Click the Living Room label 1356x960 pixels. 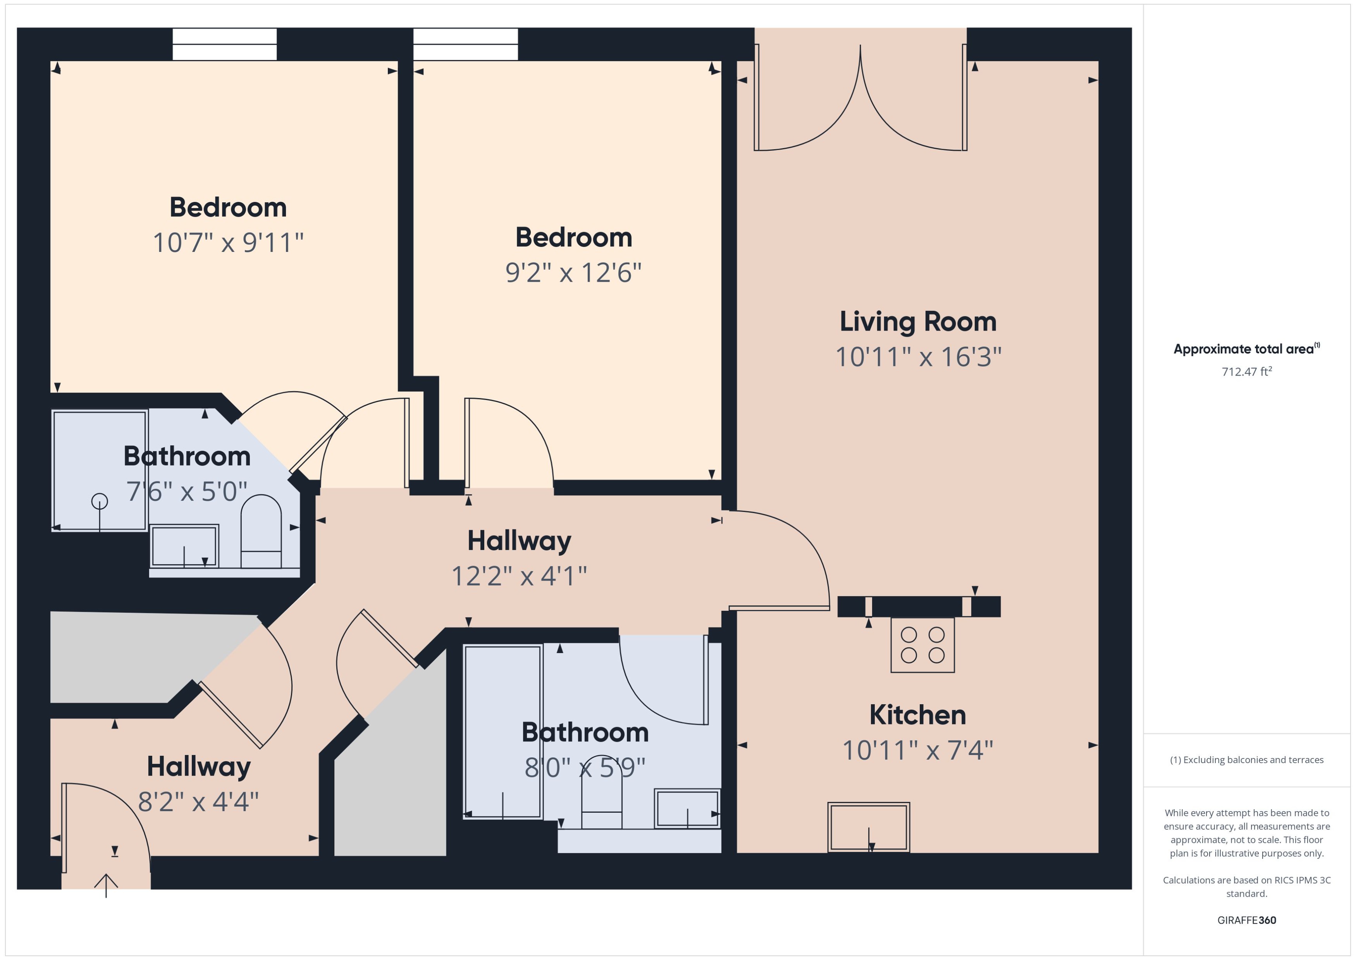[917, 322]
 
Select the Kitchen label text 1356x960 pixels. [917, 715]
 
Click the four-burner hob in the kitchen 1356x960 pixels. [922, 645]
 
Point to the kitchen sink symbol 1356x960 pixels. [869, 827]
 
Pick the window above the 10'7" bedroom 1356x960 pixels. [225, 44]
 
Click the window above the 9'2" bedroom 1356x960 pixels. [466, 44]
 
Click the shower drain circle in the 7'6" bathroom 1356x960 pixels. [100, 501]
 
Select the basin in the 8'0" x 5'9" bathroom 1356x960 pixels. [687, 808]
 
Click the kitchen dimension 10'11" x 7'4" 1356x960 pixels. [917, 751]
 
